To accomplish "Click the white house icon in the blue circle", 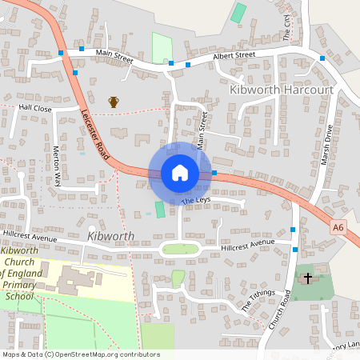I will point(180,172).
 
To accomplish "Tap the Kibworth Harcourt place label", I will point(281,89).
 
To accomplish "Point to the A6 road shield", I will point(339,228).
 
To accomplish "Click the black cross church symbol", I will point(307,278).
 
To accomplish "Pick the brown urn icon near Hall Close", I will point(114,102).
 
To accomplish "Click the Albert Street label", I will point(233,56).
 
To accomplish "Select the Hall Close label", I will point(35,107).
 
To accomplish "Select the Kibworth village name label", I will point(111,237).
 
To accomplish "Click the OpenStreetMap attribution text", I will point(70,354).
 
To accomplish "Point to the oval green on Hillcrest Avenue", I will point(181,249).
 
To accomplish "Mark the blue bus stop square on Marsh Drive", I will point(322,58).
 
